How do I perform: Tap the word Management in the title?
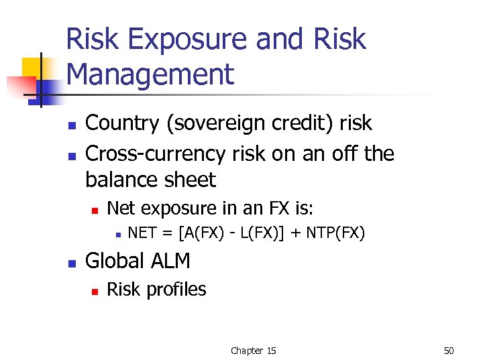151,75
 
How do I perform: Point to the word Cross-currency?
155,154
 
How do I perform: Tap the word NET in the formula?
142,233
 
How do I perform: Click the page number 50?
449,351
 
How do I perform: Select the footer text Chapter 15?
253,351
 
